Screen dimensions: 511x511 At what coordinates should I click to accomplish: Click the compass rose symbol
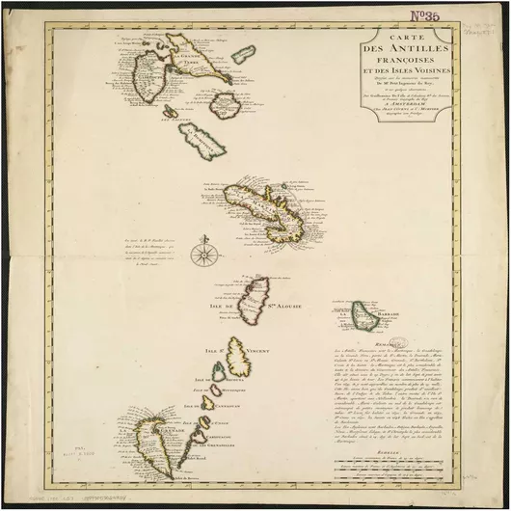click(x=203, y=255)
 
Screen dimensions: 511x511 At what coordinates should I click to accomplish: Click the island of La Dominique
click(x=200, y=140)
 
